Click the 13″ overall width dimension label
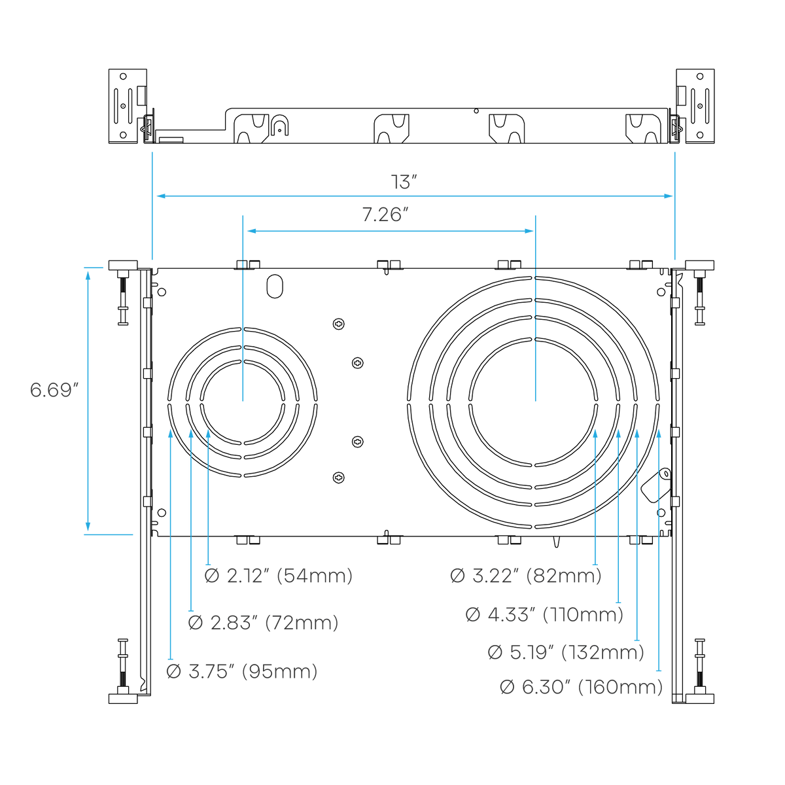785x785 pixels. point(404,182)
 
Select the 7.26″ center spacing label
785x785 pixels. point(385,215)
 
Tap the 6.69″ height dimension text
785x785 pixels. point(54,390)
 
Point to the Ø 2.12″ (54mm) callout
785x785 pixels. point(278,576)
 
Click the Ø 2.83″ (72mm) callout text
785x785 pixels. point(263,623)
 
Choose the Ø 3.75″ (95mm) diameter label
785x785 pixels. point(241,671)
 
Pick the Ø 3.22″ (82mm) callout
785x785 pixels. point(525,576)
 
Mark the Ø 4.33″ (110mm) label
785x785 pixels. point(544,614)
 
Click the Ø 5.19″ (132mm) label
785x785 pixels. point(566,652)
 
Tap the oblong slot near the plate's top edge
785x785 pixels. point(275,286)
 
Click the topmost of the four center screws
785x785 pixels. point(338,324)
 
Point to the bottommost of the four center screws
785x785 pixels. point(338,477)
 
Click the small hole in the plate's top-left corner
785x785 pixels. point(162,292)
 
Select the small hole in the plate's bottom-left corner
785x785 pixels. point(162,512)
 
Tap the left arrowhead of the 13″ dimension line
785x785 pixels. point(162,196)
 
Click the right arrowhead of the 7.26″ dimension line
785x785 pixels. point(529,231)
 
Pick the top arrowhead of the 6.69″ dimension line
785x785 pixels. point(88,276)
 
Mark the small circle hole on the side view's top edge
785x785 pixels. point(476,111)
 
